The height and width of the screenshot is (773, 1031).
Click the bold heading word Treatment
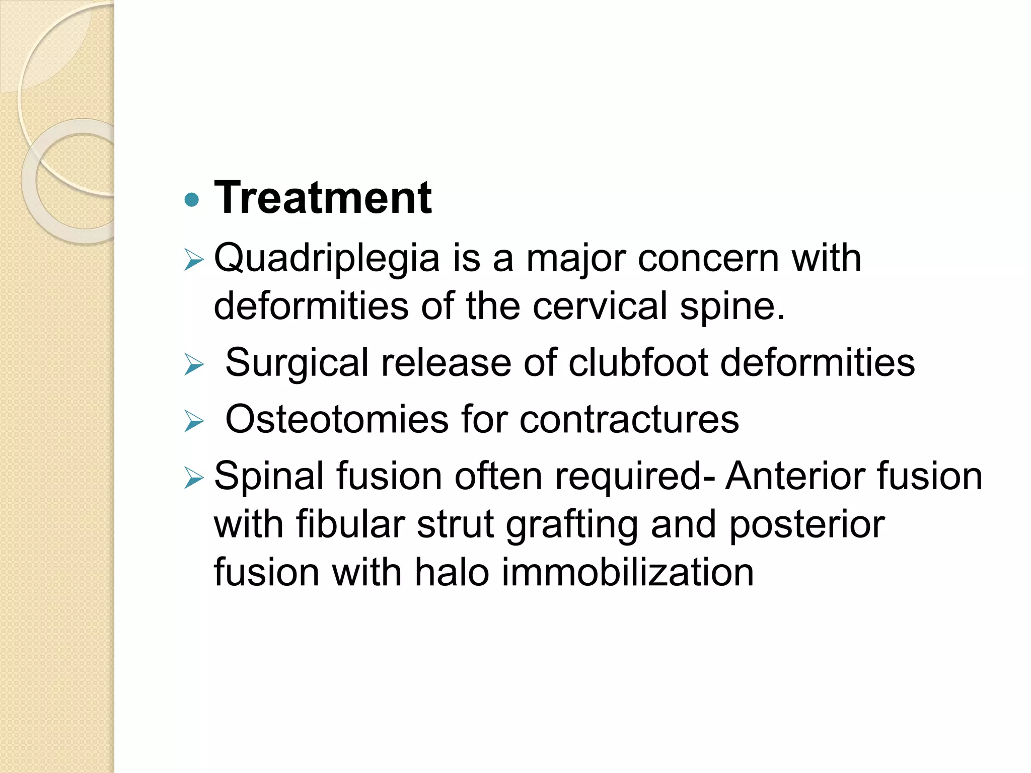click(323, 198)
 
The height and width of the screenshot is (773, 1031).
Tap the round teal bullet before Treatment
click(192, 200)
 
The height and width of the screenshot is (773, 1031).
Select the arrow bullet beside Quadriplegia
click(194, 260)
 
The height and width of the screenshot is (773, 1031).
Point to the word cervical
click(600, 306)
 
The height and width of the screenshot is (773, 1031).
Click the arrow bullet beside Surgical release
click(194, 364)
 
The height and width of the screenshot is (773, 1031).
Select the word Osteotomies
click(336, 419)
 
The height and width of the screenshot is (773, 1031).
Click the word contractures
click(629, 419)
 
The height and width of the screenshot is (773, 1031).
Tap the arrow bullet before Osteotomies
click(194, 421)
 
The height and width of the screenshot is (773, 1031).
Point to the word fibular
click(350, 524)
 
